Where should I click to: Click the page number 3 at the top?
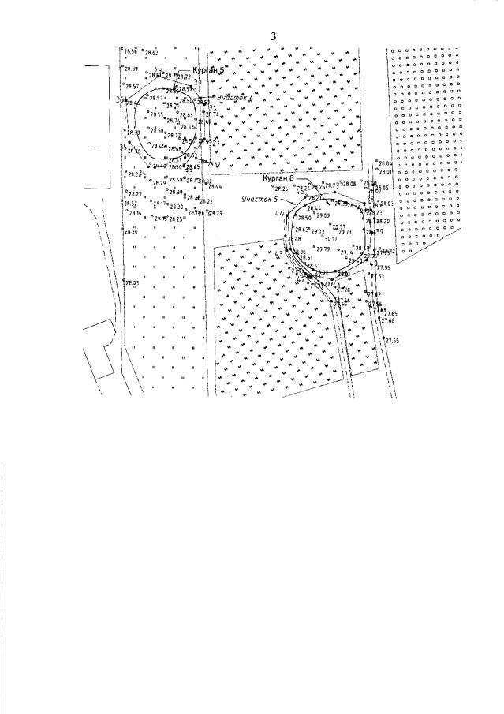tap(274, 36)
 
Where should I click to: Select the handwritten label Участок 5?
tap(260, 200)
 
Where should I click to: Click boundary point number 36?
tap(120, 100)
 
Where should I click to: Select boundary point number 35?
tap(123, 147)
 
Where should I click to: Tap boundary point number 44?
tap(279, 215)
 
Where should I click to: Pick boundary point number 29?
tap(379, 232)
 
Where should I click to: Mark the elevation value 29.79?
tap(323, 250)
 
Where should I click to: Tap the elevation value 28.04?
tap(386, 163)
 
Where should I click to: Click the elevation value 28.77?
tap(135, 194)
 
